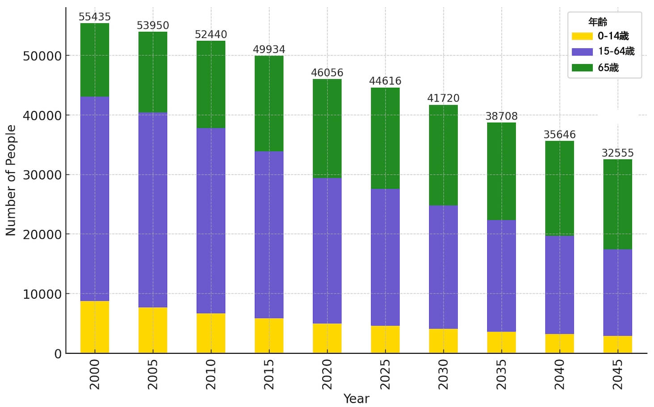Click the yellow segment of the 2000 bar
click(94, 327)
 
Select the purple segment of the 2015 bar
click(269, 234)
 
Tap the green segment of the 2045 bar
click(617, 204)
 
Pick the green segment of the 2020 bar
click(327, 128)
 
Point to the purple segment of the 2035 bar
click(501, 276)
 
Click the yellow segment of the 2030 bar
click(443, 341)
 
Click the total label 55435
click(94, 17)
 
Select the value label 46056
click(327, 73)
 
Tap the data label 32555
click(617, 153)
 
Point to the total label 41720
click(443, 98)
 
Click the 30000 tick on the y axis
click(42, 175)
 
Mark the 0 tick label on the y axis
click(58, 354)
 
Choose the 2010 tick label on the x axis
click(211, 374)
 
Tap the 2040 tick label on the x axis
click(559, 374)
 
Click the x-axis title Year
click(356, 399)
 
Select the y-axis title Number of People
click(11, 180)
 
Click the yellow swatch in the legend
click(582, 36)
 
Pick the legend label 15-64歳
click(616, 51)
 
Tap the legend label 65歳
click(608, 68)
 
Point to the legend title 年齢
click(597, 21)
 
